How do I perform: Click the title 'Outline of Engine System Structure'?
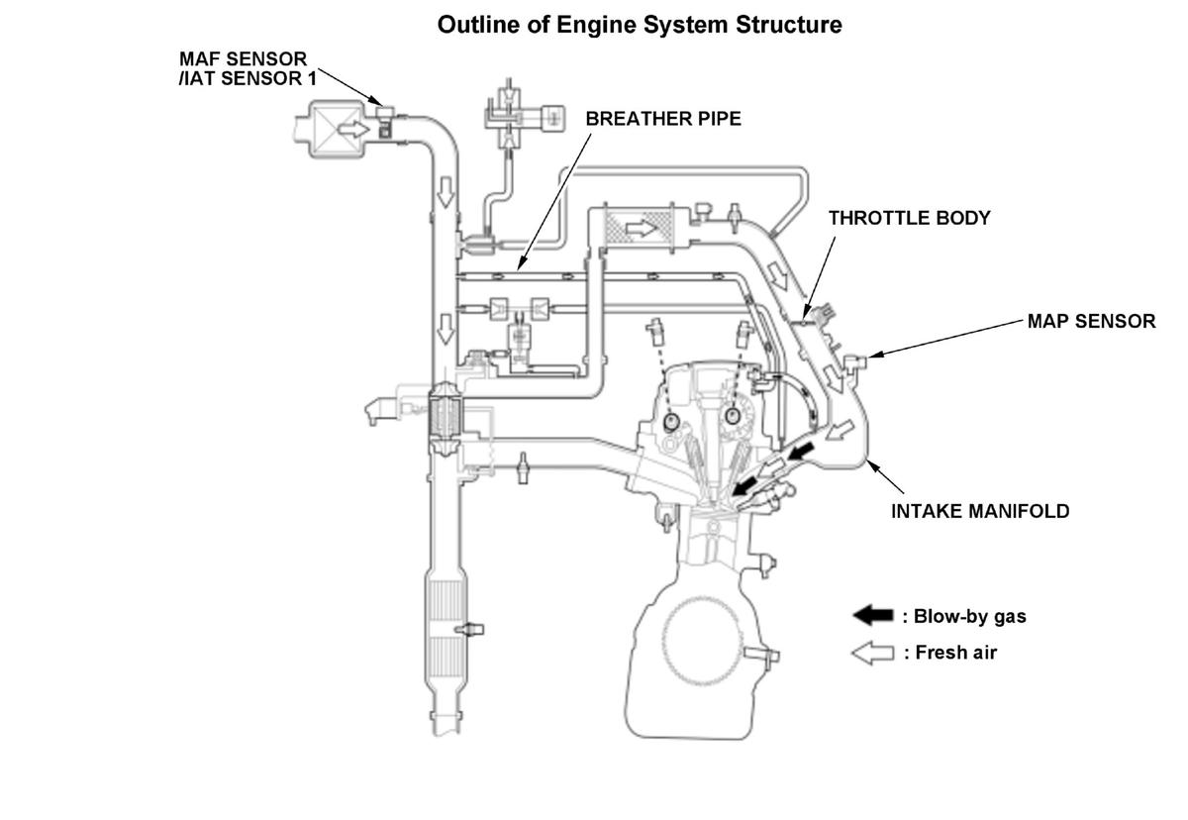640,25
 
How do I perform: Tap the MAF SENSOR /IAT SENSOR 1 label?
247,68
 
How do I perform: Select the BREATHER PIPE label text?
663,119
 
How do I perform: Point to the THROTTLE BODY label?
910,218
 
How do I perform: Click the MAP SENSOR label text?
1091,321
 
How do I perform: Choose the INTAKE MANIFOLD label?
980,511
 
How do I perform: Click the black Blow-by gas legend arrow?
873,615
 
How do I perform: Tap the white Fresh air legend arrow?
873,653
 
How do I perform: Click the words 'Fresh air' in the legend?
956,653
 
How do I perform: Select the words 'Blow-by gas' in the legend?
970,616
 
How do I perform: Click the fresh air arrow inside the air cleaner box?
353,129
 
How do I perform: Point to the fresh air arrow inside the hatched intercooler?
642,229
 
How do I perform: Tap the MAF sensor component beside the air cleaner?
384,121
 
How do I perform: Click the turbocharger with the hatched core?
445,416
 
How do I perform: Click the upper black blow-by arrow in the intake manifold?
800,452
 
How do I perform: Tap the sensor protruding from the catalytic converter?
470,630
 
